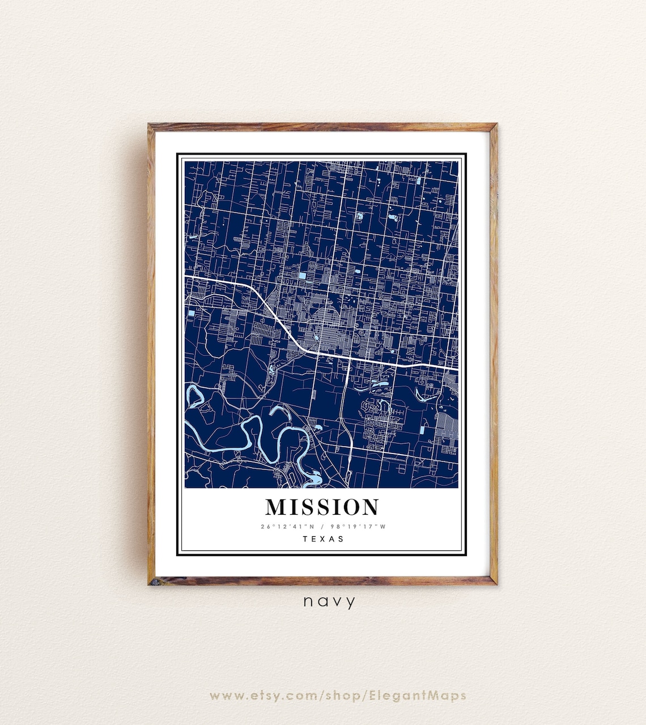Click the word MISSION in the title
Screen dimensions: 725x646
[322, 507]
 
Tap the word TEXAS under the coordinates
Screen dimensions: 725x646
[323, 539]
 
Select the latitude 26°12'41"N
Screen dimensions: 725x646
[286, 527]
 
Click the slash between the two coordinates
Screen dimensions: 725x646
[321, 527]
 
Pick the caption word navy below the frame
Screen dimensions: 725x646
[329, 601]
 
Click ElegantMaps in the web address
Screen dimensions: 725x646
[418, 696]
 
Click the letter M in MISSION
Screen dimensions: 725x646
[277, 507]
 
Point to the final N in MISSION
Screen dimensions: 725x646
[368, 507]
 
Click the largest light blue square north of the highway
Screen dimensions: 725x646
[302, 275]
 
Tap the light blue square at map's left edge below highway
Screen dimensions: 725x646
[191, 313]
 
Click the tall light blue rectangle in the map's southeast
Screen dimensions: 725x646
[423, 431]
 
